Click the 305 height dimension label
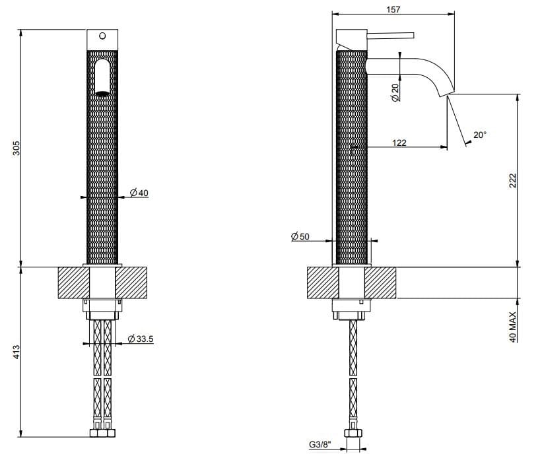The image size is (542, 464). pyautogui.click(x=17, y=148)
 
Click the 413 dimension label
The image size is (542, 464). pyautogui.click(x=17, y=352)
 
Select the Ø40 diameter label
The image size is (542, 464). pyautogui.click(x=139, y=193)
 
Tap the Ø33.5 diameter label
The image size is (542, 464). pyautogui.click(x=141, y=339)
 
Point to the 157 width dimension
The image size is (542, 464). pyautogui.click(x=393, y=9)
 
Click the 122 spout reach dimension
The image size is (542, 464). pyautogui.click(x=399, y=143)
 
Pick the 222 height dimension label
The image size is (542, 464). pyautogui.click(x=512, y=180)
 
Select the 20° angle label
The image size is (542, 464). pyautogui.click(x=480, y=135)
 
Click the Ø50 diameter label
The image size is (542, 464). pyautogui.click(x=300, y=236)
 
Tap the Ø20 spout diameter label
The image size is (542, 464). pyautogui.click(x=395, y=92)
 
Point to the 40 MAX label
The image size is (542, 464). pyautogui.click(x=512, y=327)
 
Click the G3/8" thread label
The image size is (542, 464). pyautogui.click(x=320, y=444)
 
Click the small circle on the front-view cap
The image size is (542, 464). pyautogui.click(x=102, y=36)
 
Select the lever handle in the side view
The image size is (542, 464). pyautogui.click(x=390, y=36)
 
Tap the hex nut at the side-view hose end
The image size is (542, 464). pyautogui.click(x=353, y=433)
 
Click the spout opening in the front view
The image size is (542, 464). pyautogui.click(x=102, y=93)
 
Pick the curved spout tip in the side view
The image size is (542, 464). pyautogui.click(x=446, y=90)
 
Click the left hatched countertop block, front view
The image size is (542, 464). pyautogui.click(x=74, y=282)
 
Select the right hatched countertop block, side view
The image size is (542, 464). pyautogui.click(x=380, y=282)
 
